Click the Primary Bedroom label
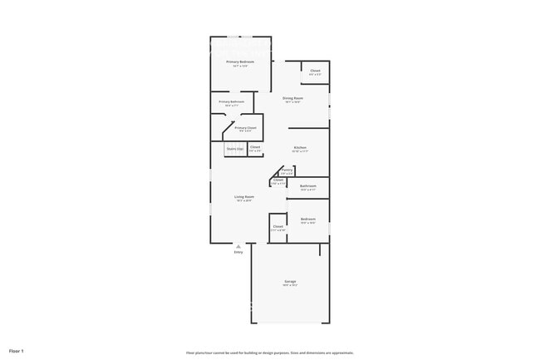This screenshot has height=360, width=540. tap(240, 62)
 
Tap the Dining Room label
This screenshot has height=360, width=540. tap(292, 98)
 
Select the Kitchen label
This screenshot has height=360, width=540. tap(300, 147)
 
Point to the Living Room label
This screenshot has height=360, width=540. tap(243, 196)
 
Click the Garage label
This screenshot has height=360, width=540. tap(291, 281)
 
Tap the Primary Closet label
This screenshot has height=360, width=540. tap(245, 127)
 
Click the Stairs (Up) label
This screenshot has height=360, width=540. tap(235, 149)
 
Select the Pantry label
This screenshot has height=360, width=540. tap(287, 169)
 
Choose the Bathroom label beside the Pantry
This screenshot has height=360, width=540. tap(308, 185)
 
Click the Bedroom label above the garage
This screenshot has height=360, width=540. tap(308, 219)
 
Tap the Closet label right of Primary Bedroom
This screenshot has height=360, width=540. tap(316, 71)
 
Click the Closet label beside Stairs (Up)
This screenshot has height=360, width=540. tap(255, 147)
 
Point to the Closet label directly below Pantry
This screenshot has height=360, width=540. tap(278, 180)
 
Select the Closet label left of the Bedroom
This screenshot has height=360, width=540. tap(278, 226)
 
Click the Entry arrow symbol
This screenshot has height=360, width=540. tap(238, 246)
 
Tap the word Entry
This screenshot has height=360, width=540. tap(238, 252)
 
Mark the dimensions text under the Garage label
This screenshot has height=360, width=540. tap(291, 285)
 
